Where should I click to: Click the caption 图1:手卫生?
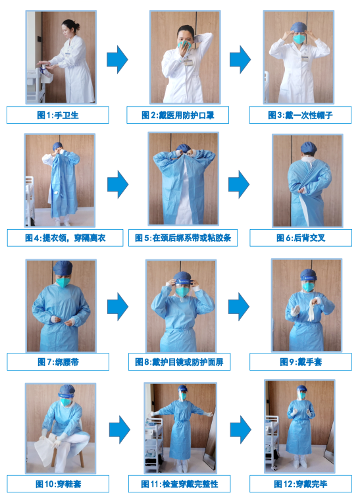(57, 115)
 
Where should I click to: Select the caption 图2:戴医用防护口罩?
(178, 115)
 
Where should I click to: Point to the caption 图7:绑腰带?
(57, 361)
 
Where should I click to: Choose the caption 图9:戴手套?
(300, 361)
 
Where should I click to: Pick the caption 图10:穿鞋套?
(57, 484)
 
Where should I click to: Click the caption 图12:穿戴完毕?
(300, 484)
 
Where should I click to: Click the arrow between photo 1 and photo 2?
(117, 59)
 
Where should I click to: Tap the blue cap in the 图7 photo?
(63, 268)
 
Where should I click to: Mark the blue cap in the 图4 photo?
(57, 146)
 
